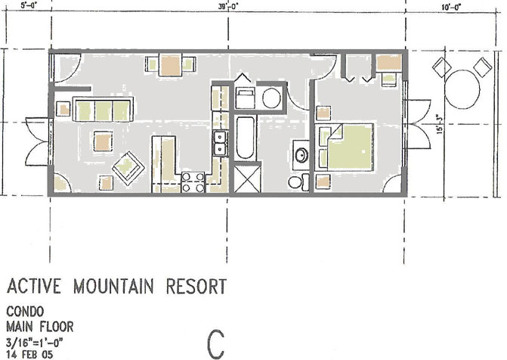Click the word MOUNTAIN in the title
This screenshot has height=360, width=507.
[113, 286]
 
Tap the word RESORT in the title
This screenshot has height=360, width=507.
[196, 286]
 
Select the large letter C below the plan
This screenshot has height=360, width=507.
[215, 344]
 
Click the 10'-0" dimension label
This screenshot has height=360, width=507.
[451, 7]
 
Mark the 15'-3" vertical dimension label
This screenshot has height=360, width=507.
[439, 124]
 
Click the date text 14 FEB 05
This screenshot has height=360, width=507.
[29, 355]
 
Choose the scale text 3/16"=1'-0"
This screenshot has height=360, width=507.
[34, 342]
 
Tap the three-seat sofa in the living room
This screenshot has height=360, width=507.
[104, 110]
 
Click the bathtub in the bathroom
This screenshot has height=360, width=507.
[245, 137]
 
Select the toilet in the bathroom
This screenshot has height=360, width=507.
[299, 182]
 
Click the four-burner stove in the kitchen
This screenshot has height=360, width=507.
[193, 182]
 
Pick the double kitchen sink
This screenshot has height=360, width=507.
[220, 143]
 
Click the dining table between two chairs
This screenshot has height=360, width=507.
[170, 65]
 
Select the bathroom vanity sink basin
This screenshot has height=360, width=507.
[301, 155]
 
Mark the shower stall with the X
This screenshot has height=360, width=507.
[247, 178]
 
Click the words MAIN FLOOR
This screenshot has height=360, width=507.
[40, 327]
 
